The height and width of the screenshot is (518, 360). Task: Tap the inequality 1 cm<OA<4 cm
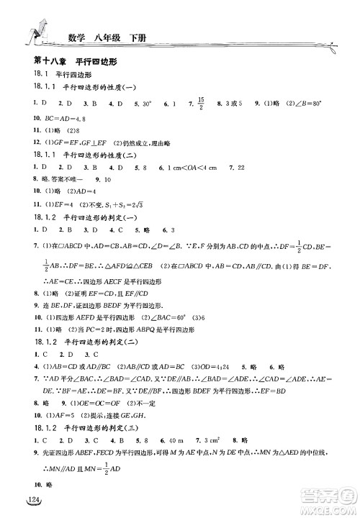tap(200, 166)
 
